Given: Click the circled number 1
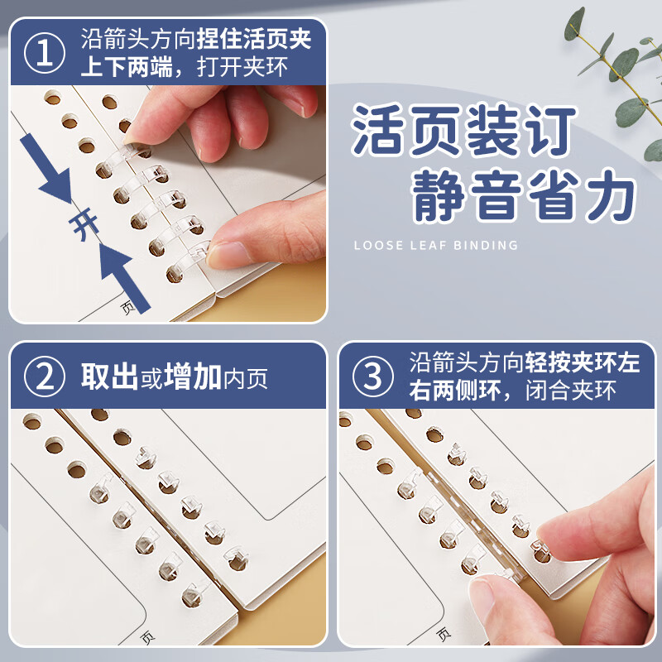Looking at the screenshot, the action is coord(45,53).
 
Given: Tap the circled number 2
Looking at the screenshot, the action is coord(45,377).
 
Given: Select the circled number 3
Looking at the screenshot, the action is coord(373,377).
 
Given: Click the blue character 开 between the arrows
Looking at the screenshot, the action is coord(85,223).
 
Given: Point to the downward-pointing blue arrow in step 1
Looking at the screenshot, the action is coord(46,168).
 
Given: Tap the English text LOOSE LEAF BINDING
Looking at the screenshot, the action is coord(436,245).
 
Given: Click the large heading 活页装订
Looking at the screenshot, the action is coord(463,131).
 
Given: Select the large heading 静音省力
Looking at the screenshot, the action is coord(524,196).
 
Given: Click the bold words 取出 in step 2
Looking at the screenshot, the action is coord(109,377).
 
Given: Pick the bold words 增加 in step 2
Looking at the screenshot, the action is coord(193,377).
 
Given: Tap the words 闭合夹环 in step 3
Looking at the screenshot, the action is coord(571,391).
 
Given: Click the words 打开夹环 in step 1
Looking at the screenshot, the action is coord(242,67).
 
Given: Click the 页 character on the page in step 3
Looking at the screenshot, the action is coord(444,634).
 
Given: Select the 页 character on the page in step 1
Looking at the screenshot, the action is coord(128,307).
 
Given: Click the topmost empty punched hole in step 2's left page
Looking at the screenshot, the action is coord(32,421).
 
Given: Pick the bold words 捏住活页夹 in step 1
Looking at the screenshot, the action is coord(254,39).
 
